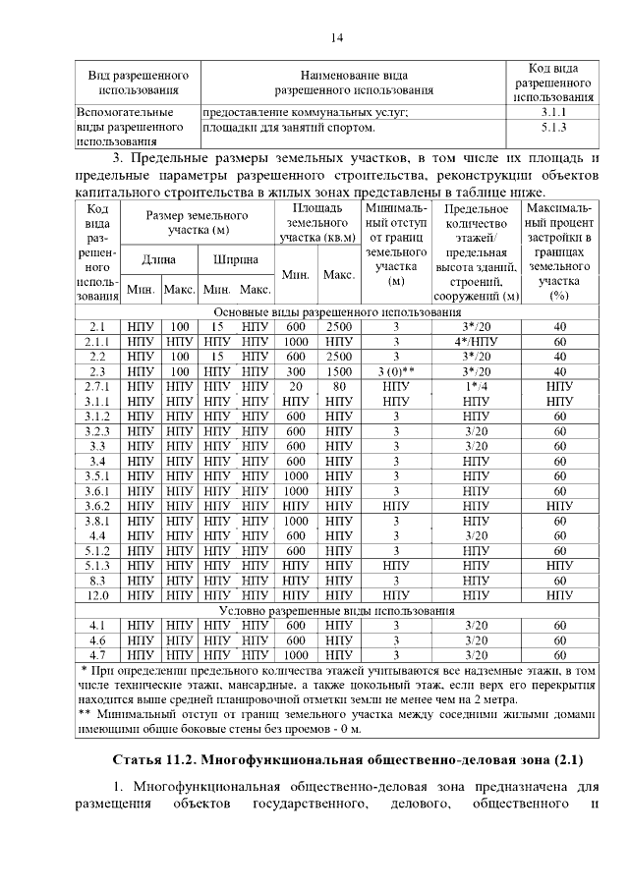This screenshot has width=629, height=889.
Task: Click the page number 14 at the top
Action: (336, 37)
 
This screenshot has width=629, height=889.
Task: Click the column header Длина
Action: (159, 259)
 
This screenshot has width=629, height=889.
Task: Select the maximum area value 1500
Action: (339, 371)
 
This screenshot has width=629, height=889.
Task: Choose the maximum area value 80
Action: (339, 387)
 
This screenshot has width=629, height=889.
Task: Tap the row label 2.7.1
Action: (97, 387)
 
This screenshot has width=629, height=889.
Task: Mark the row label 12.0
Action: (97, 594)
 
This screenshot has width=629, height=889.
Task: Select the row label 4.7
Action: (97, 653)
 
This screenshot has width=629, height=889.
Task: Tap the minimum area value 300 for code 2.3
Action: (297, 371)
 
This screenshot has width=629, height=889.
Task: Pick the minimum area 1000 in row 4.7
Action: (297, 653)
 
